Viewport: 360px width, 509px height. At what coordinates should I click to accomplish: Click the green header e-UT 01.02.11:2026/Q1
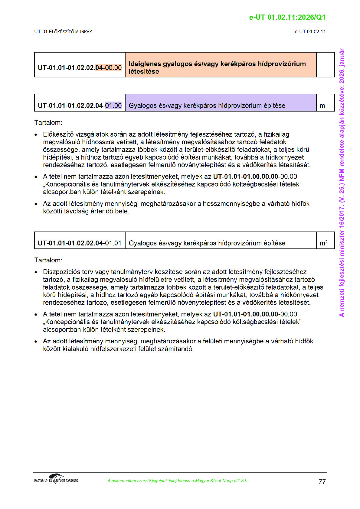[x=287, y=17]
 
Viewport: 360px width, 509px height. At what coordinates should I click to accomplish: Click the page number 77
[x=322, y=482]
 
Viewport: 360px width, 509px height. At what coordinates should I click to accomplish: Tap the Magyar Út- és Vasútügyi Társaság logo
[x=56, y=479]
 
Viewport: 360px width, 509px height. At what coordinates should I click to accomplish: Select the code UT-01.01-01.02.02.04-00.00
[x=80, y=68]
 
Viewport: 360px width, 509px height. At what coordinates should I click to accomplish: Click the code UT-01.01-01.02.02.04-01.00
[x=80, y=106]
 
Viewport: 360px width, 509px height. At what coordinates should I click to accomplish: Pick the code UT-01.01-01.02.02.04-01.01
[x=80, y=243]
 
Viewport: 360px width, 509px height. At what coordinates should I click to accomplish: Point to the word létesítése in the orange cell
[x=144, y=72]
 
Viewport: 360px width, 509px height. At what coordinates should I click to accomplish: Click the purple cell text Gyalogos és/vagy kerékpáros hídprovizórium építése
[x=207, y=106]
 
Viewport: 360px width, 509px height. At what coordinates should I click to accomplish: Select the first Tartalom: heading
[x=48, y=123]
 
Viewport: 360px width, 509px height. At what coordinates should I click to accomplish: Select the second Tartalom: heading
[x=48, y=260]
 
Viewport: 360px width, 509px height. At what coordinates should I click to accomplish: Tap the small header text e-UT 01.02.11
[x=310, y=31]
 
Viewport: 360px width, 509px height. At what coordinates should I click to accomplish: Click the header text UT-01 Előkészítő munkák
[x=63, y=31]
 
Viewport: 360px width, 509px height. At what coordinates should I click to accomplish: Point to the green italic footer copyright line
[x=177, y=481]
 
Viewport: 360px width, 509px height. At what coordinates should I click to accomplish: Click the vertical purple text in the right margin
[x=342, y=183]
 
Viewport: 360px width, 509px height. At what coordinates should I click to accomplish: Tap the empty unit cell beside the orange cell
[x=325, y=65]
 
